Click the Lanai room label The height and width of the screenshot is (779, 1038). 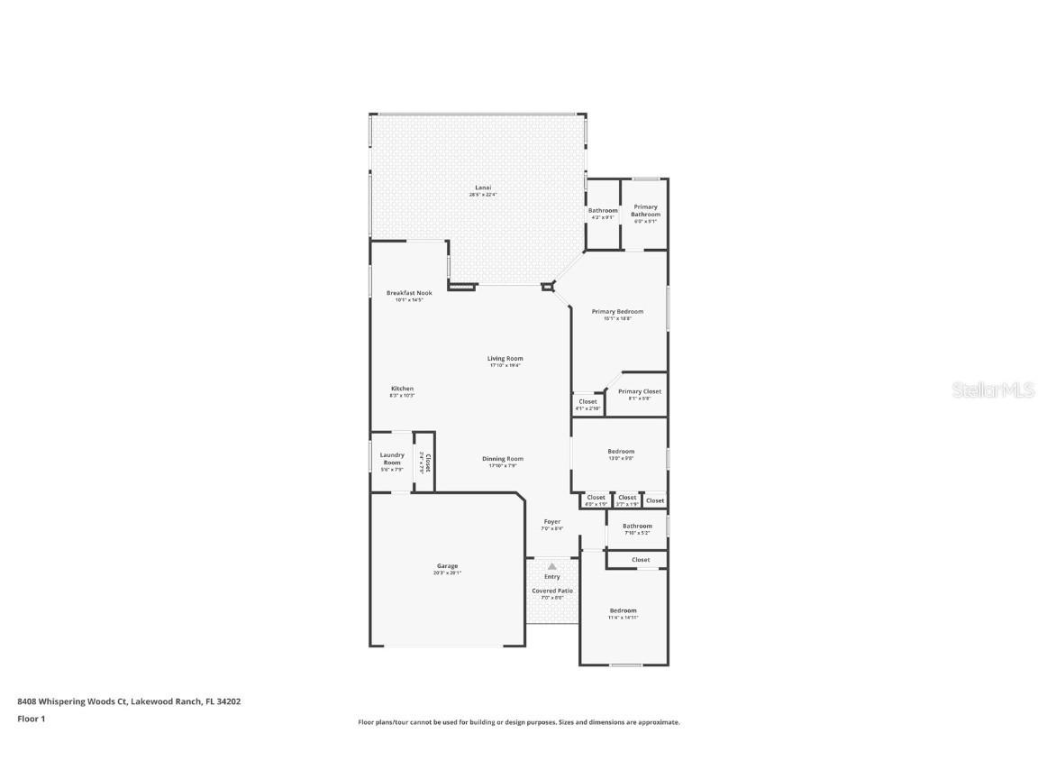(x=483, y=188)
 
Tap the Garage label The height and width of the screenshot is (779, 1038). (x=447, y=566)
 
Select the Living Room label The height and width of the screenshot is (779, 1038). (x=505, y=359)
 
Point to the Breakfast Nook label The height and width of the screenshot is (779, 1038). (x=409, y=293)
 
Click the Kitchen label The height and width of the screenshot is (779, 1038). (x=402, y=389)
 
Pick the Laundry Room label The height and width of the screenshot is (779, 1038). (x=392, y=459)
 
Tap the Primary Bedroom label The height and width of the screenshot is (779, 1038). (x=617, y=312)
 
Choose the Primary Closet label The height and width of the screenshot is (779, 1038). (x=639, y=392)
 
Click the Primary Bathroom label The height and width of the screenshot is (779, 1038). (x=645, y=211)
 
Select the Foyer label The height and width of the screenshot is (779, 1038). (x=551, y=522)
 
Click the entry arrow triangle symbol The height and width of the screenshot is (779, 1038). (x=552, y=566)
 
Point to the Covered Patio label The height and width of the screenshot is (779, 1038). (x=551, y=591)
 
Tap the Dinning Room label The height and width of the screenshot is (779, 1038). (x=502, y=459)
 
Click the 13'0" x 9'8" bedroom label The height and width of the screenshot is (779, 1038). (x=620, y=452)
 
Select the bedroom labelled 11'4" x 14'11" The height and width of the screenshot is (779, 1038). (x=622, y=610)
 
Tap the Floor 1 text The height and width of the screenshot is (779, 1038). (x=31, y=719)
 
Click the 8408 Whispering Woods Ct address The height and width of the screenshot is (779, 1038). (x=129, y=701)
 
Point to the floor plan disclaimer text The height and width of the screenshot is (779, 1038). (x=519, y=722)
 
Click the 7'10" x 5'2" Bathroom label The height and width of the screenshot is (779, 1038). (x=636, y=527)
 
